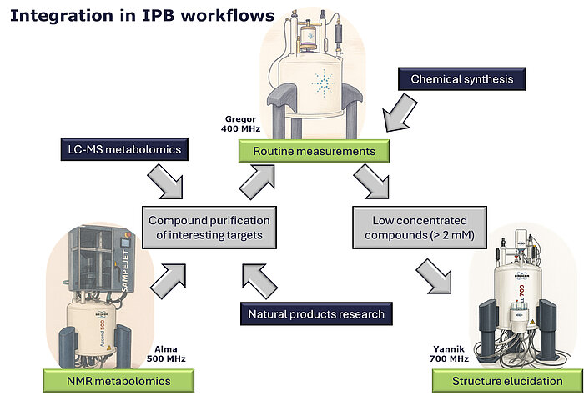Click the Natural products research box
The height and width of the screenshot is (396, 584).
click(316, 314)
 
